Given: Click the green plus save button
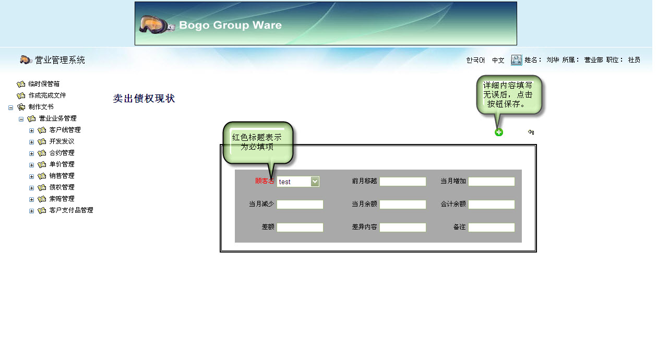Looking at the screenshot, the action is [x=498, y=132].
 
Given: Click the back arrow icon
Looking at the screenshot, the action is [x=531, y=132].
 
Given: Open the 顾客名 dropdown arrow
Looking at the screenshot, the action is [x=315, y=182].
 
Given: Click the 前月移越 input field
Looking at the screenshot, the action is [x=403, y=182].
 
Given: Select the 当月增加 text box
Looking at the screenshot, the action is [x=492, y=182].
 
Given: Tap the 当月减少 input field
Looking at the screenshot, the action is [x=300, y=205].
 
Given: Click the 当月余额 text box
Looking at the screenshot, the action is [x=403, y=205].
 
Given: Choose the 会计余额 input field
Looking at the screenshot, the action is [x=492, y=205].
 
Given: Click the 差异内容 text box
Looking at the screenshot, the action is [x=403, y=227].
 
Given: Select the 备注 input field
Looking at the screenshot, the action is [x=492, y=227].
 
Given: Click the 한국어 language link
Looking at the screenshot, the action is [x=475, y=60].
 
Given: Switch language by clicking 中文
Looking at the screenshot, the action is [x=498, y=60].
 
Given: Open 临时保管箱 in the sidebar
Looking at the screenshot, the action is [x=44, y=84].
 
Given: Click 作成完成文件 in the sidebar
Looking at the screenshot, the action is [x=47, y=95].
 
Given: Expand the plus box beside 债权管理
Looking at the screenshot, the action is [x=31, y=188].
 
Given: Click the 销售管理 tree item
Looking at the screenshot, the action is [x=62, y=176].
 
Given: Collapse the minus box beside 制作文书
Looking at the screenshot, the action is [x=10, y=107].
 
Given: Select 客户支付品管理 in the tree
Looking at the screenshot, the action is [x=71, y=210].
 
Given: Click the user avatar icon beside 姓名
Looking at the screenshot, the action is [x=516, y=60].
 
